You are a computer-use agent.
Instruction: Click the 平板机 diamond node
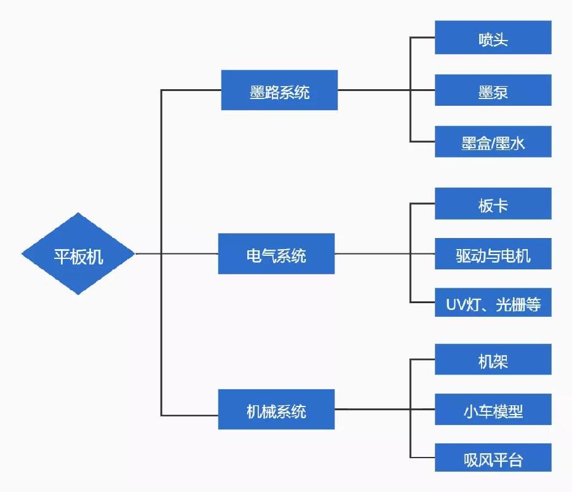tap(78, 253)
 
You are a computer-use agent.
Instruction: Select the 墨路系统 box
tap(279, 90)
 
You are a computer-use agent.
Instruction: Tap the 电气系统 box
tap(276, 253)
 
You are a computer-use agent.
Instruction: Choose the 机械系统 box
tap(276, 410)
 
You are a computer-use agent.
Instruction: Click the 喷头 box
tap(493, 38)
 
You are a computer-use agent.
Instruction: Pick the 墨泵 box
tap(493, 90)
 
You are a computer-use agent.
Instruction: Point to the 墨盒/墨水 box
tap(493, 142)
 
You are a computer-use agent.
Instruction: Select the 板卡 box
tap(493, 204)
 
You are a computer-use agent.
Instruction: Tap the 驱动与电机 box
tap(493, 253)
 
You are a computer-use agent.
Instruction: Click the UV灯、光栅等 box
tap(493, 303)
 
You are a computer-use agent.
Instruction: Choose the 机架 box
tap(493, 360)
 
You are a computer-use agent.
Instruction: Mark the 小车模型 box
tap(493, 410)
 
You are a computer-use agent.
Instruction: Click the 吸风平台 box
tap(493, 459)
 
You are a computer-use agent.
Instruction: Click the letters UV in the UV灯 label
tap(455, 303)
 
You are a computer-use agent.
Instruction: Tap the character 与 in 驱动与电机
tap(493, 253)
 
